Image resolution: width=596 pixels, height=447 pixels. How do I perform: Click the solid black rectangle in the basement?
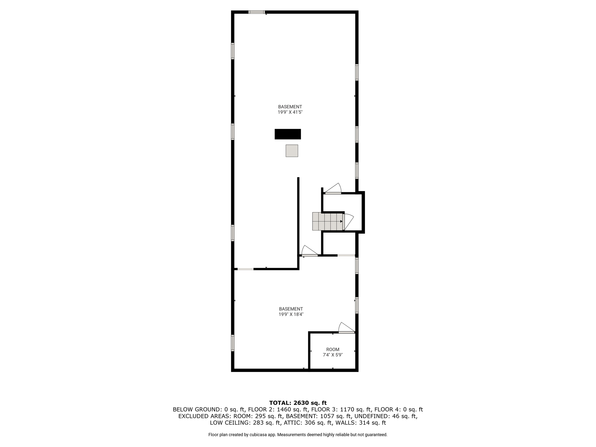click(x=288, y=134)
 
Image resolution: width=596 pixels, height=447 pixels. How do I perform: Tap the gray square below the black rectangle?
click(x=292, y=151)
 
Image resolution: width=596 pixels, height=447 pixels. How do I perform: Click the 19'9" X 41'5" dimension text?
click(x=290, y=112)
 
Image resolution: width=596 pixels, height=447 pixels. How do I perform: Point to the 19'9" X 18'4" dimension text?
click(x=291, y=314)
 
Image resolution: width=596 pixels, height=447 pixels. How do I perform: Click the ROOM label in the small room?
click(x=333, y=350)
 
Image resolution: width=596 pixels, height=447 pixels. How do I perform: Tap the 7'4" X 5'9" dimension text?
click(x=333, y=355)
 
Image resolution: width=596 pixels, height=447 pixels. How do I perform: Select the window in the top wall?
click(x=257, y=12)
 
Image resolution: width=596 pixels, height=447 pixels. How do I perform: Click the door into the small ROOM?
click(x=346, y=328)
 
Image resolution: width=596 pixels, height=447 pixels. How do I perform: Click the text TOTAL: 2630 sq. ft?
click(x=298, y=403)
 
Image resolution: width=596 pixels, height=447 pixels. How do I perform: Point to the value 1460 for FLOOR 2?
click(x=284, y=409)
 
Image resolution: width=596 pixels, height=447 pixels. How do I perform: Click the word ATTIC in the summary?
click(x=293, y=423)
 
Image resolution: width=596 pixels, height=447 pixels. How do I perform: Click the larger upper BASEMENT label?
click(x=290, y=107)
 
